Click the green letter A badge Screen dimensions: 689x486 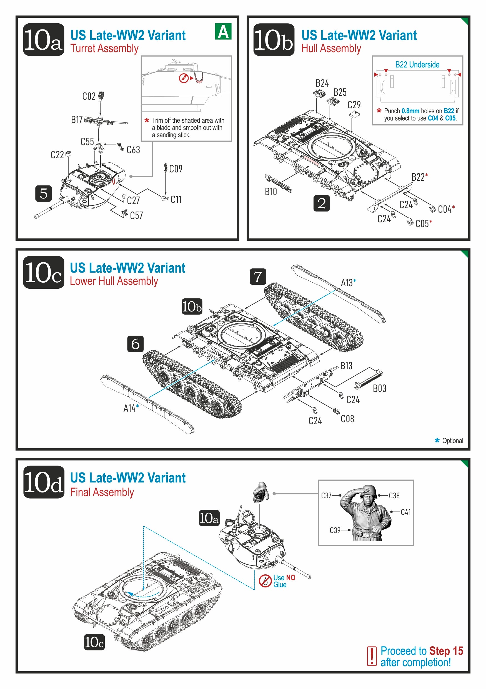[223, 32]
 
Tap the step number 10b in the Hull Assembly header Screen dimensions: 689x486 [274, 40]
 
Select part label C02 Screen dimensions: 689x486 [89, 96]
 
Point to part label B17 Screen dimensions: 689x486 [77, 120]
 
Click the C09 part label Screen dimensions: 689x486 [176, 169]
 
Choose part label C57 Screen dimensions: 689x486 [136, 215]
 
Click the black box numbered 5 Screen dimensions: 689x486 [44, 193]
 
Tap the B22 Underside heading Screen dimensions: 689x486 [417, 64]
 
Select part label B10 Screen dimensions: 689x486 [270, 192]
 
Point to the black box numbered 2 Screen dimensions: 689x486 [322, 203]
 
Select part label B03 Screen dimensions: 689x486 [379, 389]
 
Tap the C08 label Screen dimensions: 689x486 [347, 419]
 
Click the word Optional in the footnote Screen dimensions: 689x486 [452, 441]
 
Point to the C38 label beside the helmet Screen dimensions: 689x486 [394, 496]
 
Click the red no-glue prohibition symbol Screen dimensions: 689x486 [265, 581]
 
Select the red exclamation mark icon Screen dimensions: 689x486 [372, 656]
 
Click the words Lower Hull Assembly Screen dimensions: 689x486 [114, 281]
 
